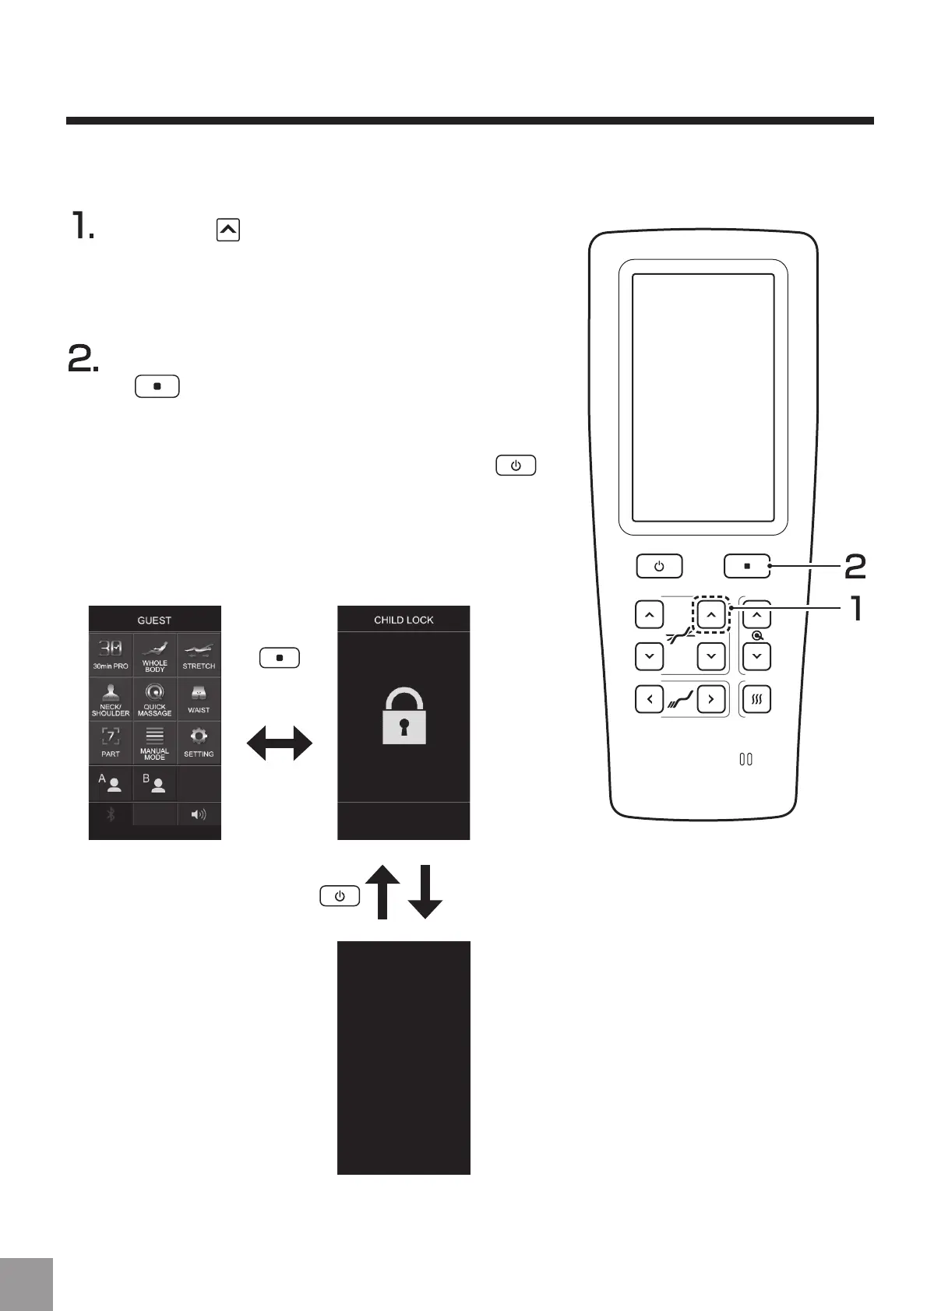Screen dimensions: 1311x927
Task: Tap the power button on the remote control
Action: (659, 566)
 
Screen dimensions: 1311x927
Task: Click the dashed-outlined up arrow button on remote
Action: (711, 614)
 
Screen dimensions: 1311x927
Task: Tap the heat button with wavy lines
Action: (756, 698)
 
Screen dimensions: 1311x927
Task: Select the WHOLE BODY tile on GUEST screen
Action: (154, 655)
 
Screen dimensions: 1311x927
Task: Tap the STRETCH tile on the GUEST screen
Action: (199, 655)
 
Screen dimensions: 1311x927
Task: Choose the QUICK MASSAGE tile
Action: (154, 698)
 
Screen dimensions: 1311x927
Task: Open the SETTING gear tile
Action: (199, 742)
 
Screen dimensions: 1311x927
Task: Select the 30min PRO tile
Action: (111, 655)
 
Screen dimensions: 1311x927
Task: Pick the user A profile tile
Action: (111, 783)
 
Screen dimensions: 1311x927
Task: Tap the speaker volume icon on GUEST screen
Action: (199, 814)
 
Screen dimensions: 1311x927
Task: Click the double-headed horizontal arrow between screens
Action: (280, 744)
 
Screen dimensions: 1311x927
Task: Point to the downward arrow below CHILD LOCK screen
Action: (425, 892)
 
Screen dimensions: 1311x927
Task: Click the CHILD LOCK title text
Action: (404, 620)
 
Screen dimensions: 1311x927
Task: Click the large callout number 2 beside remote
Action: (855, 567)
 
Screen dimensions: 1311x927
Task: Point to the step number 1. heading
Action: (83, 227)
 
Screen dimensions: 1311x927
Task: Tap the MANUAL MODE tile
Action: (154, 742)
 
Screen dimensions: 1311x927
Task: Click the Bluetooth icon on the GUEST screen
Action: (111, 814)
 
